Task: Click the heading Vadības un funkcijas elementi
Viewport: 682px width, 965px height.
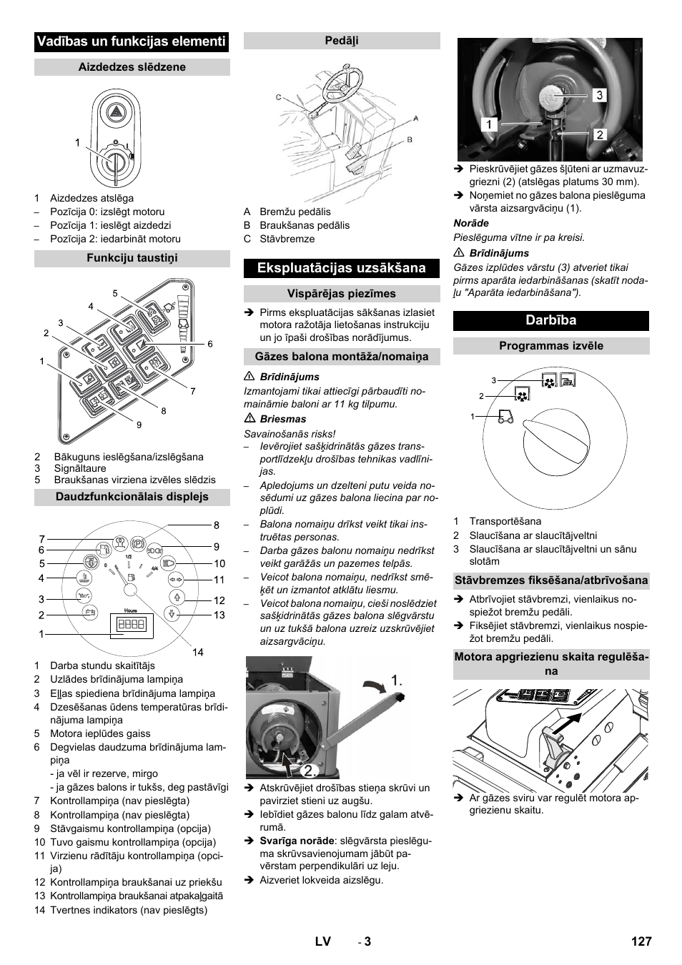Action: pyautogui.click(x=131, y=41)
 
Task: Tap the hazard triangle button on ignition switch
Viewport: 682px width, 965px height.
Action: pyautogui.click(x=116, y=112)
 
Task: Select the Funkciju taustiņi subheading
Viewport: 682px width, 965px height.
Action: pyautogui.click(x=132, y=258)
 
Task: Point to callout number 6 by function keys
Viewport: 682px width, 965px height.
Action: pyautogui.click(x=209, y=344)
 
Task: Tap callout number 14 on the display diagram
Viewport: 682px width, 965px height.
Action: pyautogui.click(x=198, y=652)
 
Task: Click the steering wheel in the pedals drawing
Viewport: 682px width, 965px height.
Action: pyautogui.click(x=342, y=86)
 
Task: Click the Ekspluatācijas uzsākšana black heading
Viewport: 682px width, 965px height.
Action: pyautogui.click(x=341, y=268)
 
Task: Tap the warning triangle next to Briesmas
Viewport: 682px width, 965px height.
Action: pyautogui.click(x=249, y=420)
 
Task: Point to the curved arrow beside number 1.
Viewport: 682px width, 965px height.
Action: pyautogui.click(x=373, y=687)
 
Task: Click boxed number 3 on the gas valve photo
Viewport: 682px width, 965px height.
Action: pyautogui.click(x=599, y=95)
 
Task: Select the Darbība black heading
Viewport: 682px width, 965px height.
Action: pyautogui.click(x=550, y=320)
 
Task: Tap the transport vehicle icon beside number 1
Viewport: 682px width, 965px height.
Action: pyautogui.click(x=505, y=416)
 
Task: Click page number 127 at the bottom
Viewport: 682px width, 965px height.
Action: pyautogui.click(x=641, y=941)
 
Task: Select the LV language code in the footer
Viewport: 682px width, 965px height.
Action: pyautogui.click(x=322, y=941)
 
